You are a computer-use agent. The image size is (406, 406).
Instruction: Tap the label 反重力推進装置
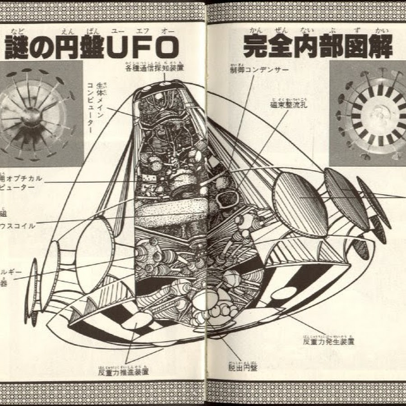(x=124, y=372)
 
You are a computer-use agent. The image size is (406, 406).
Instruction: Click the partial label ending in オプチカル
(x=23, y=178)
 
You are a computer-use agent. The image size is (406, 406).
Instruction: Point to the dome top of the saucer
(x=160, y=86)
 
